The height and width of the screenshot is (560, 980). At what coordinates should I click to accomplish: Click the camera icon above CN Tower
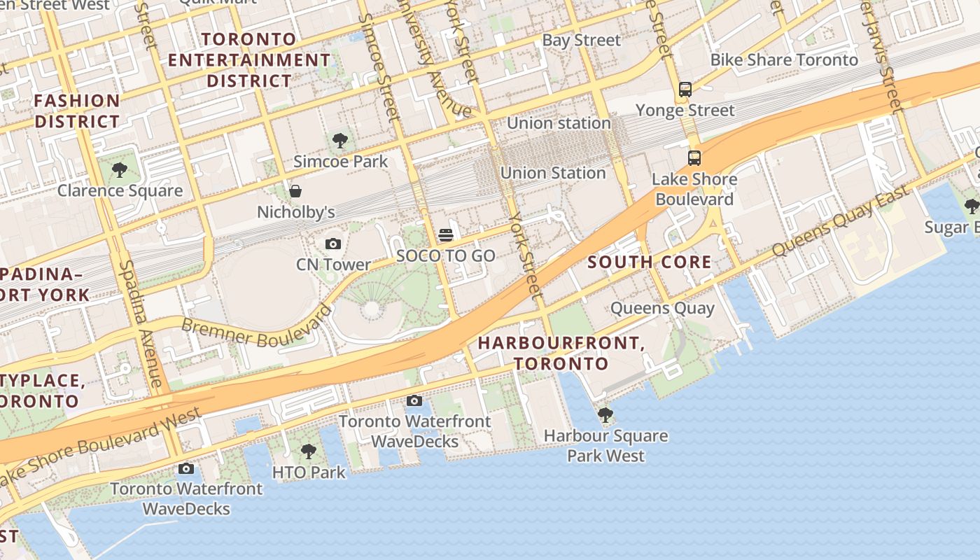tap(333, 244)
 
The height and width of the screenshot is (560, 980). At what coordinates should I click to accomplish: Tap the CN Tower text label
tap(333, 265)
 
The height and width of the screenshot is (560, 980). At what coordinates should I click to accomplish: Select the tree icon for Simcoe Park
tap(340, 141)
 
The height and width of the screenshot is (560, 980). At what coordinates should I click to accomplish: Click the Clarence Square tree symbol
tap(120, 169)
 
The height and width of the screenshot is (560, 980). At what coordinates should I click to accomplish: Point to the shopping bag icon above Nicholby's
tap(295, 191)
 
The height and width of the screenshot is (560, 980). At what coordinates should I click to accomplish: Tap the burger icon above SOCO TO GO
tap(446, 234)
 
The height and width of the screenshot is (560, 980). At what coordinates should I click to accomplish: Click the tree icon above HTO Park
tap(308, 451)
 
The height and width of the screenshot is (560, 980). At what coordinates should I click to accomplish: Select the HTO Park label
tap(309, 472)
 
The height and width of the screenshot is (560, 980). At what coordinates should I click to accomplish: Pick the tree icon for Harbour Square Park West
tap(605, 415)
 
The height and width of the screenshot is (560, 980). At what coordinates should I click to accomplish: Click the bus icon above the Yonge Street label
tap(685, 90)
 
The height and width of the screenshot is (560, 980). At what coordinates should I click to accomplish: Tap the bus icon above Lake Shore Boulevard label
tap(694, 158)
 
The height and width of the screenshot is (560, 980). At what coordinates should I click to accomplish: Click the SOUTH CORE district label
tap(650, 262)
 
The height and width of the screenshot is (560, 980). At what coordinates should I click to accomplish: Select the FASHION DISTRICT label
tap(77, 111)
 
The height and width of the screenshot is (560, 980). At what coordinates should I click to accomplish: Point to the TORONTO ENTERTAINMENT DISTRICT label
tap(248, 60)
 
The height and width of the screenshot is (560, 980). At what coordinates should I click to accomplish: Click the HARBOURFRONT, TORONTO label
tap(561, 353)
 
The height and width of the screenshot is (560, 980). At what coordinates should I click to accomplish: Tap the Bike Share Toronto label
tap(784, 60)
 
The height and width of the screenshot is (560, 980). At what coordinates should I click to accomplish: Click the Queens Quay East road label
tap(840, 220)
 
